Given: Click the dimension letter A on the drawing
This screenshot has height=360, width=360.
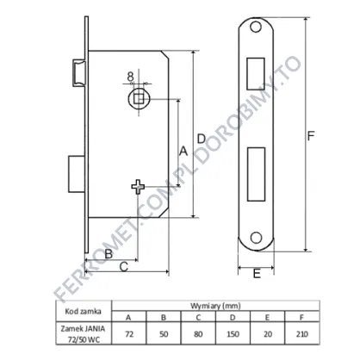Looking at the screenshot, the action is point(183,151).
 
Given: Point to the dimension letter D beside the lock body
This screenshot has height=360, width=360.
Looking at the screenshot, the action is point(202,139).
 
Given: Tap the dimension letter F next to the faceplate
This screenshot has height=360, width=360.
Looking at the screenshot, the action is point(311,136).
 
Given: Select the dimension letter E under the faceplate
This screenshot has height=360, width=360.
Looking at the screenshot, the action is point(257,274).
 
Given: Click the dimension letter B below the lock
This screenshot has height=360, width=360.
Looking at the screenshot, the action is point(109,254).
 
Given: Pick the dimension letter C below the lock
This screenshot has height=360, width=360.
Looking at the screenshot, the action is point(123,267).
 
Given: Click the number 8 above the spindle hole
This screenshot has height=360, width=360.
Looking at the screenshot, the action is point(131,77).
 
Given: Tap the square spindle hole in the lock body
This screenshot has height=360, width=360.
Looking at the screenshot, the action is point(139,98).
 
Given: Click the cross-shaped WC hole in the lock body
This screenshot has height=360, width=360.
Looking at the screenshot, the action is point(138,187).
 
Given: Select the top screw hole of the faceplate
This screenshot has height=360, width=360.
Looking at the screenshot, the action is point(256,27).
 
